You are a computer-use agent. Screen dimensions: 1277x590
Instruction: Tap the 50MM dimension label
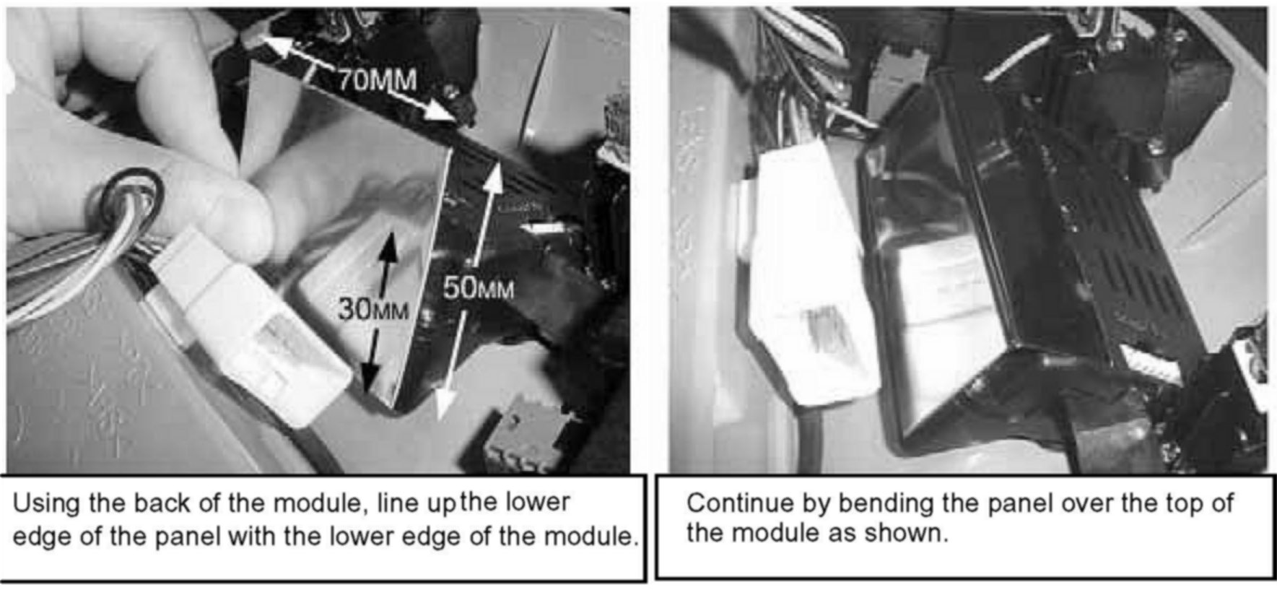[479, 290]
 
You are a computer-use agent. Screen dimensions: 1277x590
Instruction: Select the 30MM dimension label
[372, 311]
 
